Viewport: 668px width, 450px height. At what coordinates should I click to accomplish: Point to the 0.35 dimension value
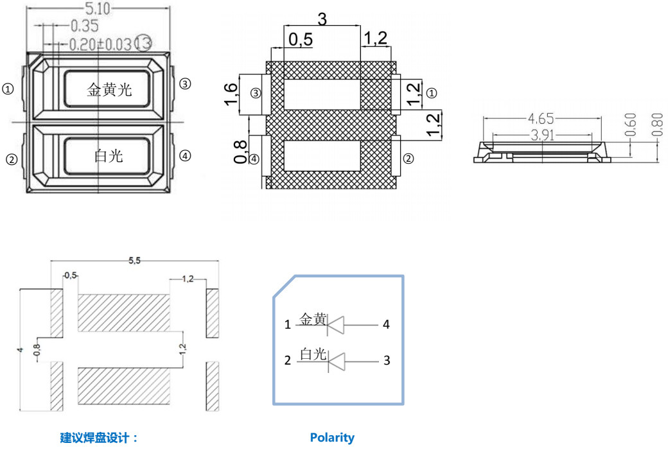coord(83,26)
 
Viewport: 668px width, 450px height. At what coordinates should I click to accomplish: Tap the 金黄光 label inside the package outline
coord(109,90)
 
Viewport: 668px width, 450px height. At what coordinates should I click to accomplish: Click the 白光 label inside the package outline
coord(109,155)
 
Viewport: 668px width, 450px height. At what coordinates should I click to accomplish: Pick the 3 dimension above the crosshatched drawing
coord(322,19)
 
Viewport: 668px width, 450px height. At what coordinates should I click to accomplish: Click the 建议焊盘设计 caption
coord(99,438)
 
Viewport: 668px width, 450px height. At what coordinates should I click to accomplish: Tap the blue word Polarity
coord(332,438)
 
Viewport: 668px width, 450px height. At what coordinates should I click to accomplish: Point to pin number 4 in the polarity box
coord(386,325)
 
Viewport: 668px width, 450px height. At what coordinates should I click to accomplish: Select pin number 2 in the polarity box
coord(288,361)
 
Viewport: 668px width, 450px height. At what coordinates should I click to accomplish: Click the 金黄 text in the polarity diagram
coord(313,319)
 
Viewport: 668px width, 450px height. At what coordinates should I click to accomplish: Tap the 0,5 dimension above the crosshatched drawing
coord(300,40)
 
